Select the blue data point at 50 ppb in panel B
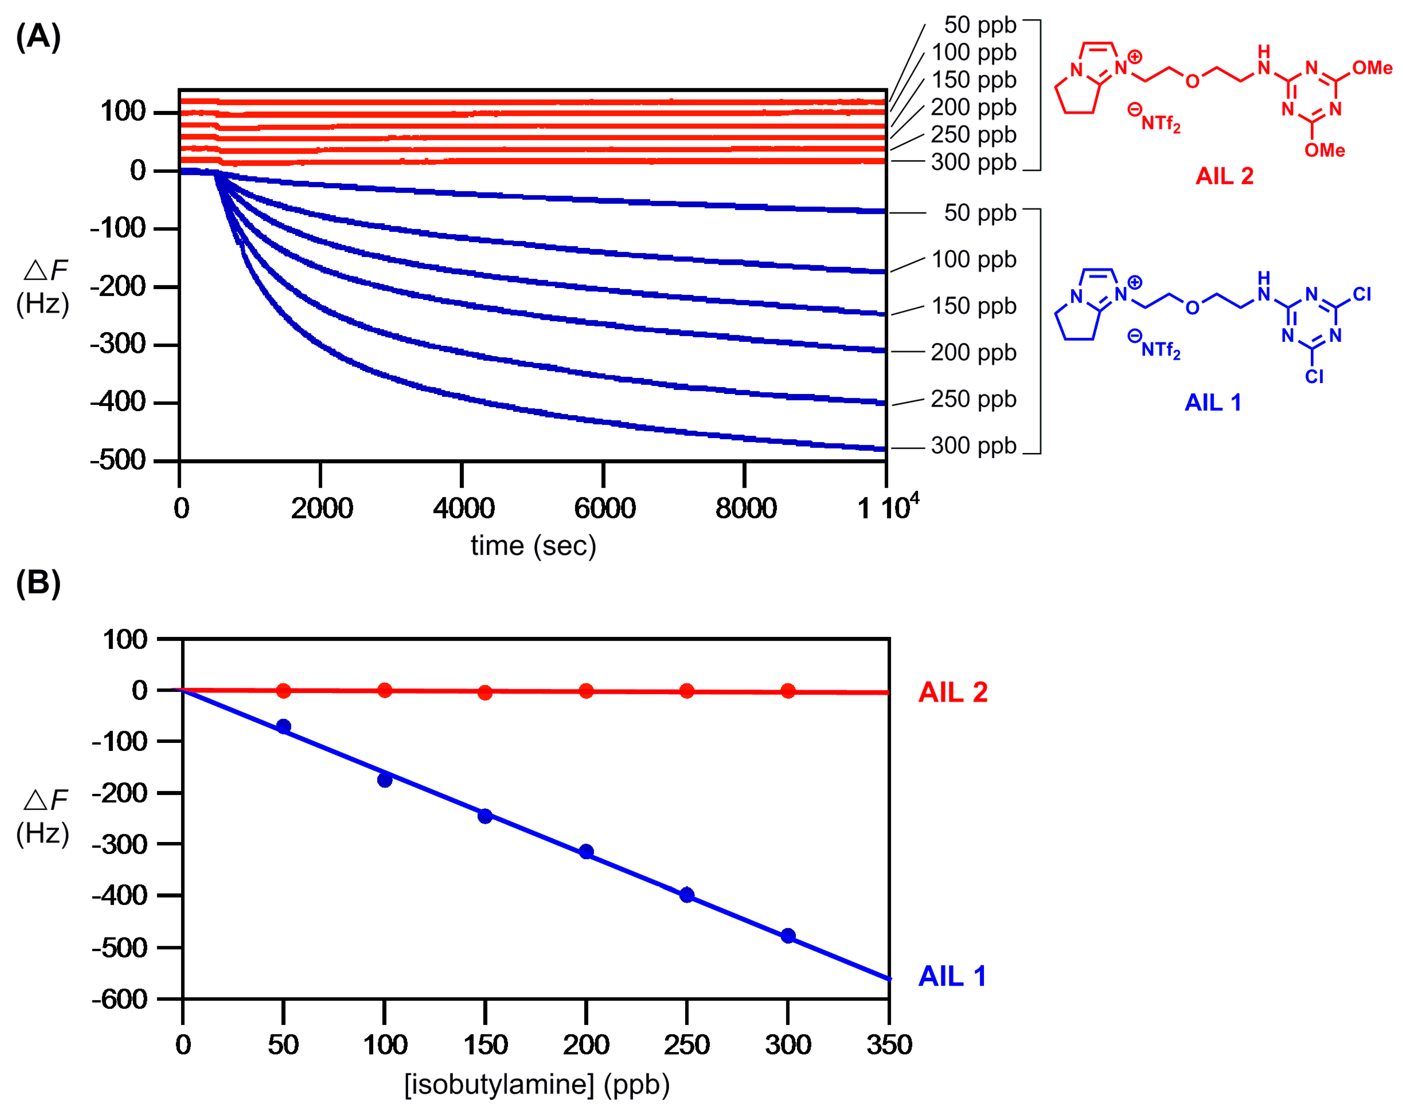(x=284, y=726)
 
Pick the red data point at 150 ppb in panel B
(x=485, y=692)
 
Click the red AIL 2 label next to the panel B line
(x=953, y=692)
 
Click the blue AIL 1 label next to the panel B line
(x=951, y=976)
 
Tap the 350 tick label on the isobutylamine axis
(x=889, y=1045)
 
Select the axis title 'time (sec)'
(x=533, y=546)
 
